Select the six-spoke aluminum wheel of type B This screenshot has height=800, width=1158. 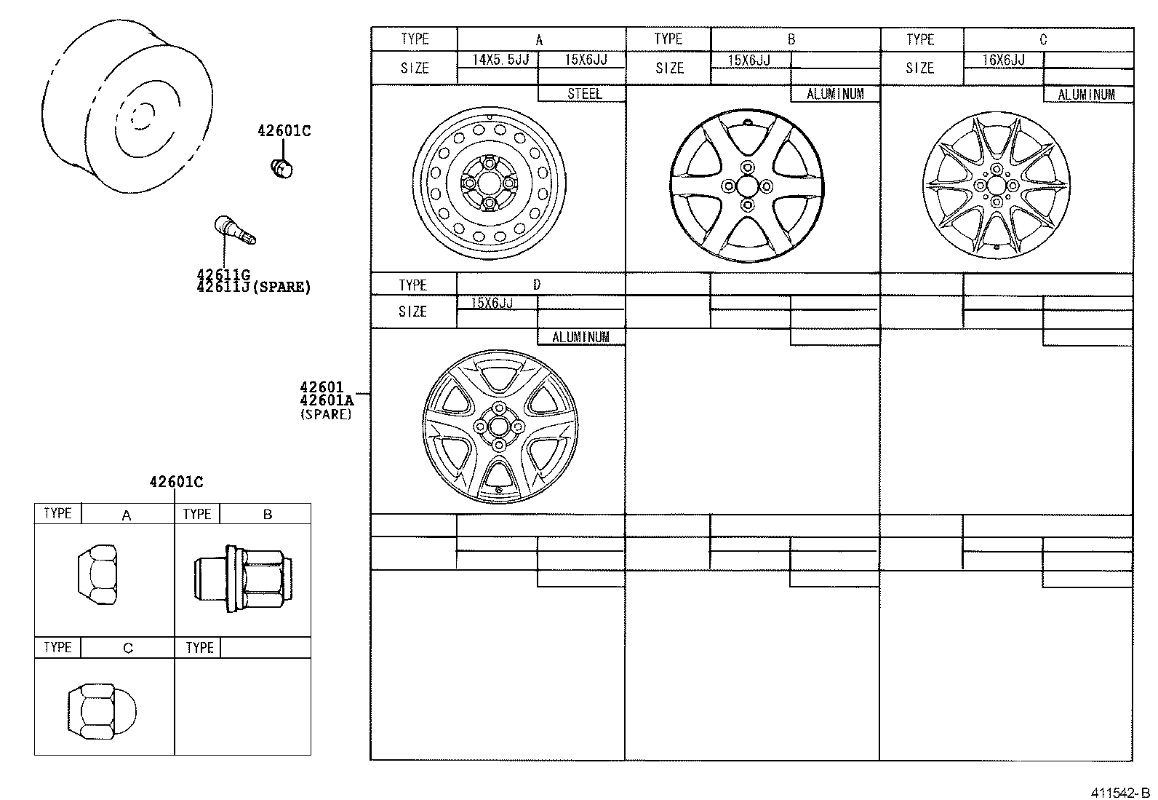pos(747,186)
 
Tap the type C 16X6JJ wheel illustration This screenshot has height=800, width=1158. pos(997,185)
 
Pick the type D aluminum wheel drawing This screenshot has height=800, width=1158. pos(498,427)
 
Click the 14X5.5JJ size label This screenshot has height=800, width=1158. pos(500,59)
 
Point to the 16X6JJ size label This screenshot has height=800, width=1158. pos(1004,60)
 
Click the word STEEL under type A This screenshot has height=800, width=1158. pos(584,93)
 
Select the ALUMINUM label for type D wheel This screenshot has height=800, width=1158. pos(580,337)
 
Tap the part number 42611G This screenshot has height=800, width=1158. pos(223,275)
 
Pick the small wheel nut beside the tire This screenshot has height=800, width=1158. pos(281,167)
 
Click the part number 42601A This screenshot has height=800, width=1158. pos(326,400)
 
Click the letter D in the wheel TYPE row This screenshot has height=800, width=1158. pos(537,285)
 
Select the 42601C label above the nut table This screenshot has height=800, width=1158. pos(176,481)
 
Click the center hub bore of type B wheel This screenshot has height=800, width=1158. pos(747,186)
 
